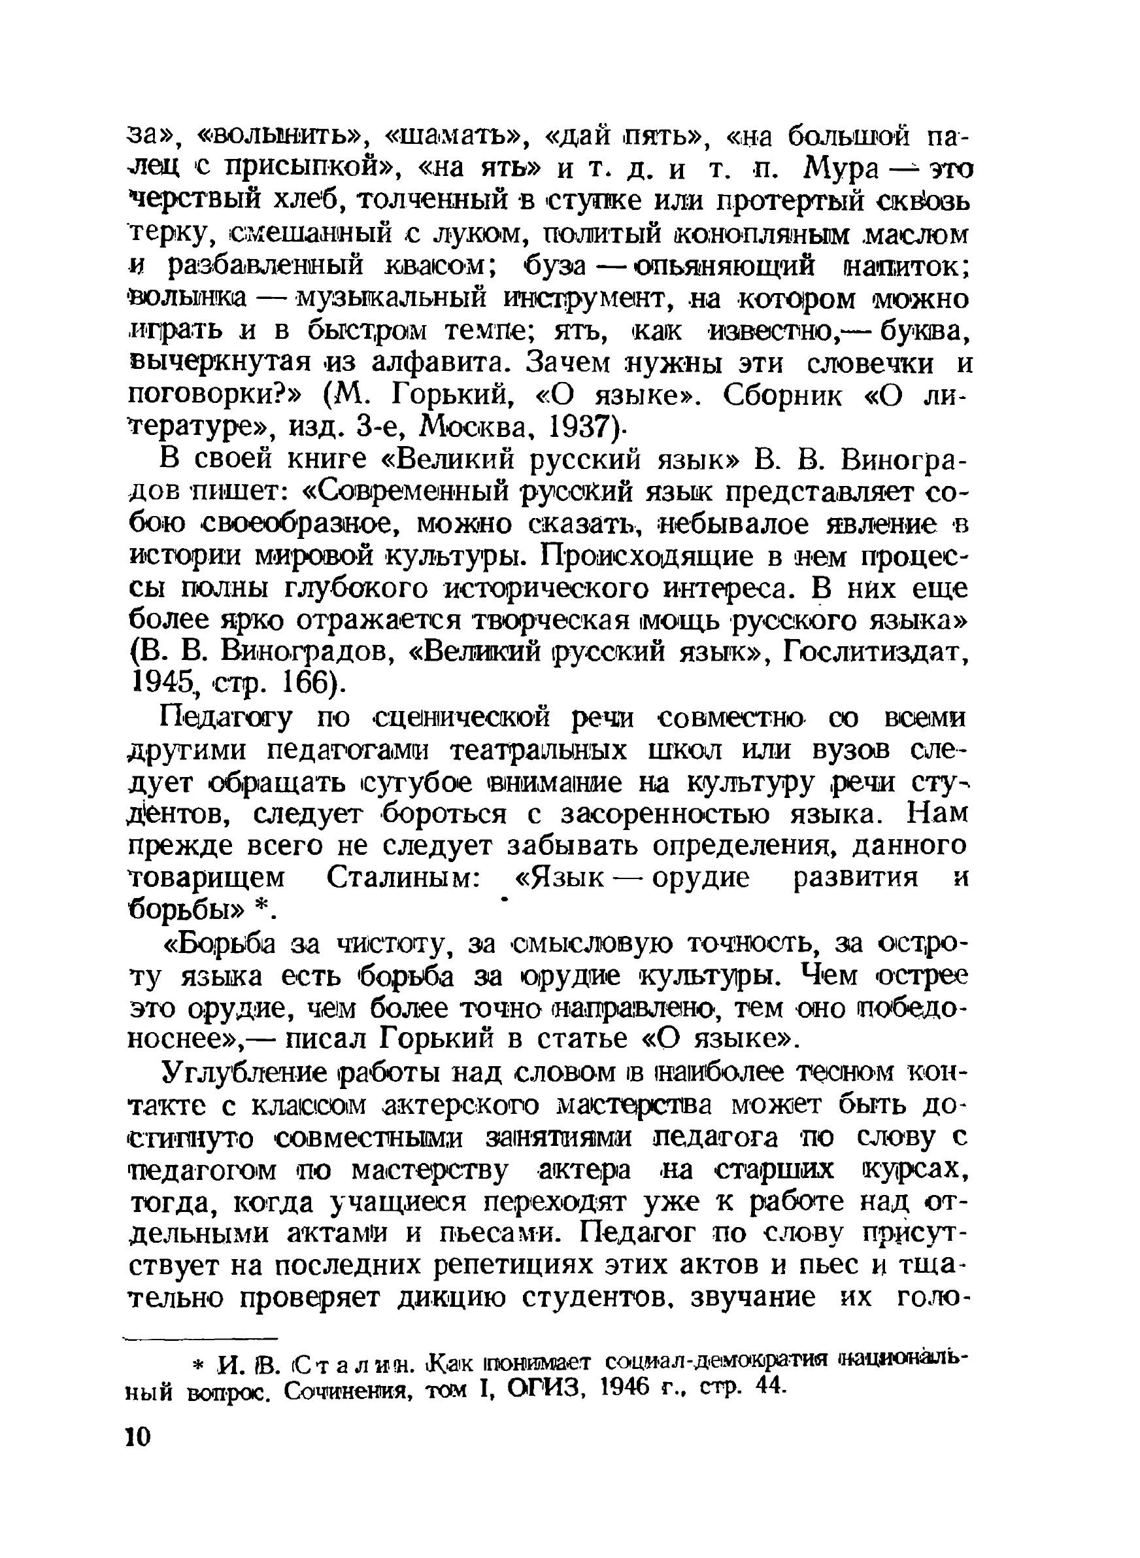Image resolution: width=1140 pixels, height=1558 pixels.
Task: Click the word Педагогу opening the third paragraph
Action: [226, 719]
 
